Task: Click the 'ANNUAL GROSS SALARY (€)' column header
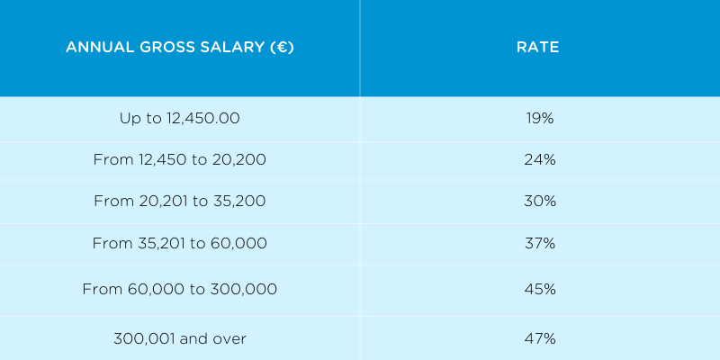click(x=180, y=48)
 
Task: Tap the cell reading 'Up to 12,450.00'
click(x=180, y=118)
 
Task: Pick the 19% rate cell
click(x=540, y=118)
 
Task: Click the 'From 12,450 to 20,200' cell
click(x=180, y=159)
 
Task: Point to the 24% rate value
click(x=540, y=159)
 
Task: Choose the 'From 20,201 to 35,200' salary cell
click(x=180, y=201)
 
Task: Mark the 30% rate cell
click(x=540, y=201)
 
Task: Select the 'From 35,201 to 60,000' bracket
click(x=180, y=243)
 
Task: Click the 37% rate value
click(x=540, y=243)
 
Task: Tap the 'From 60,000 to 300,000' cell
click(x=180, y=289)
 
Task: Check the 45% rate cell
click(x=540, y=289)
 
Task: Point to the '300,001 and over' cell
click(x=180, y=338)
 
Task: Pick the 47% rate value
click(x=540, y=338)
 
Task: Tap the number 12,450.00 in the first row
click(x=204, y=118)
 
